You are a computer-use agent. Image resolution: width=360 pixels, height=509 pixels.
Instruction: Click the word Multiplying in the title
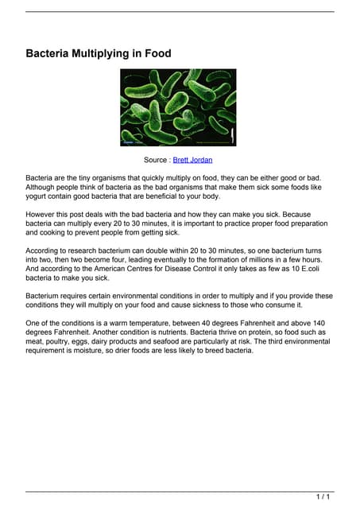[103, 54]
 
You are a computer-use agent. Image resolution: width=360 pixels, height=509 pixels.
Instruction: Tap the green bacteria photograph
[178, 107]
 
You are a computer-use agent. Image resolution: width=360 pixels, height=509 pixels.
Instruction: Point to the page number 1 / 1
[323, 497]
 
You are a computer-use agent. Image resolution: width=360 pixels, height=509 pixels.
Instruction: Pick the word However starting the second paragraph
[42, 215]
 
